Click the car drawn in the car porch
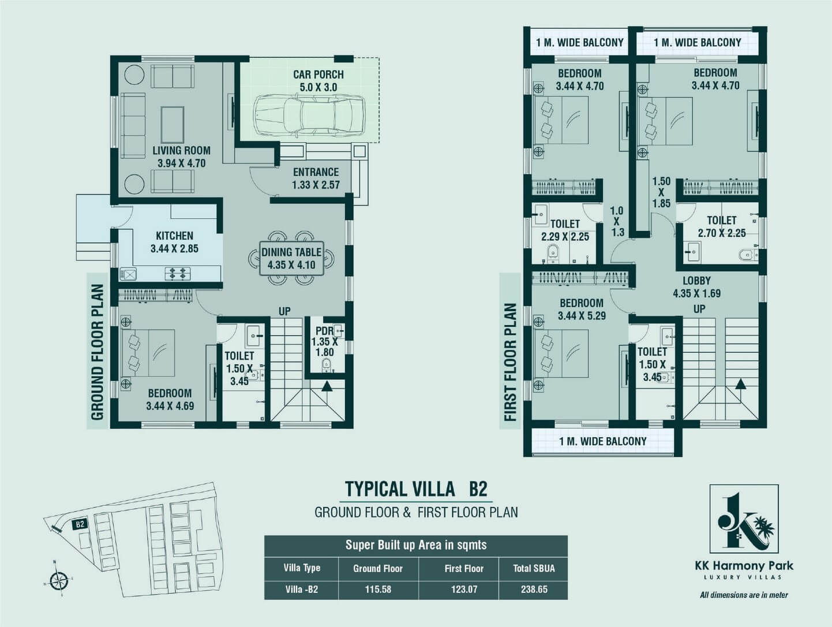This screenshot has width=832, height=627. (x=310, y=114)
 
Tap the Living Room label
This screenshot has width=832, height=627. (x=181, y=151)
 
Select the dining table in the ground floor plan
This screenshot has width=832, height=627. (x=291, y=258)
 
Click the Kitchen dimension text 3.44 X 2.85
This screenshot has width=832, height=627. (x=174, y=249)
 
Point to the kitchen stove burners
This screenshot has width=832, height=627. (x=178, y=273)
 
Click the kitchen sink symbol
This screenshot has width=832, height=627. (x=128, y=274)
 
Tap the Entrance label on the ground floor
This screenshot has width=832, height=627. (x=316, y=172)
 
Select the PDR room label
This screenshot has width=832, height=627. (x=324, y=331)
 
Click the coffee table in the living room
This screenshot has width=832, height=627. (x=173, y=124)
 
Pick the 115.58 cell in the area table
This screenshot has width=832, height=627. (x=378, y=589)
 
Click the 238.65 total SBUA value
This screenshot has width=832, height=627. (x=534, y=589)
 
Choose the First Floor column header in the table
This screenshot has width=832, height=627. (x=464, y=569)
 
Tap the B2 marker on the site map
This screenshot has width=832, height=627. (x=80, y=524)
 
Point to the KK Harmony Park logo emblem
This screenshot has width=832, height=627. (x=744, y=519)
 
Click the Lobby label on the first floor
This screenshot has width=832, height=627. (x=696, y=281)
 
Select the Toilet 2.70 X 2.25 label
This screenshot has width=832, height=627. (x=722, y=226)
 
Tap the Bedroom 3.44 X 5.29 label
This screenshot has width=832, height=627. (x=582, y=309)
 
